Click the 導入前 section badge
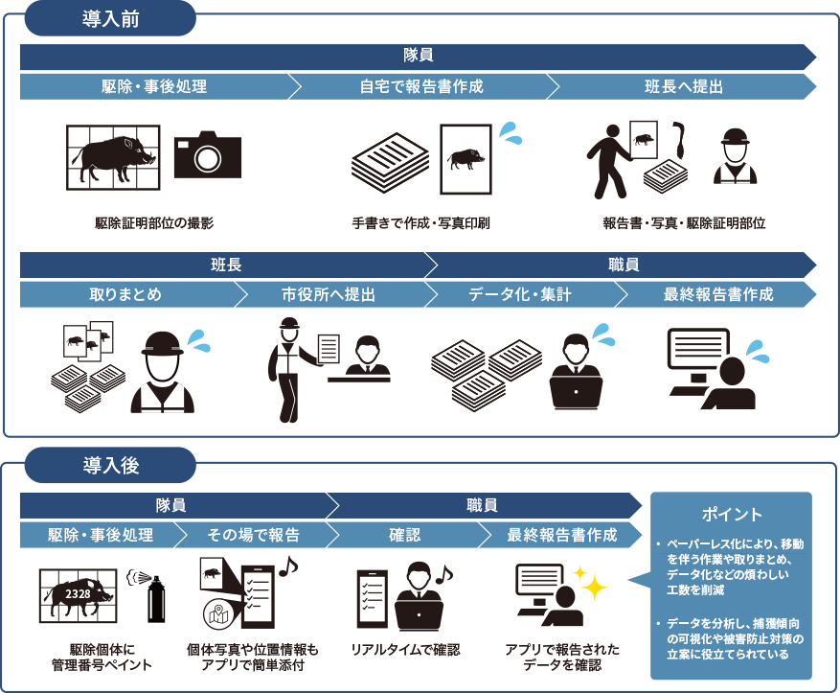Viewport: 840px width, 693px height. point(110,18)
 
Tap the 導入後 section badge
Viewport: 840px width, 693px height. point(110,466)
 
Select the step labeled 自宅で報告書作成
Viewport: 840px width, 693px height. point(420,87)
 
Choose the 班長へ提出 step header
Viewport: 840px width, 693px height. point(682,87)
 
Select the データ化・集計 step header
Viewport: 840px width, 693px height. point(520,294)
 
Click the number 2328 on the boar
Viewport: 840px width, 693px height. point(79,595)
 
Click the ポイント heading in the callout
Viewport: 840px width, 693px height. point(732,514)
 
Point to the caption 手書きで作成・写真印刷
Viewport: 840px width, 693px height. point(421,223)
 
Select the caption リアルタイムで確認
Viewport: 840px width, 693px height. point(405,650)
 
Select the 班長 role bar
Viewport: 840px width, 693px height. point(226,265)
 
